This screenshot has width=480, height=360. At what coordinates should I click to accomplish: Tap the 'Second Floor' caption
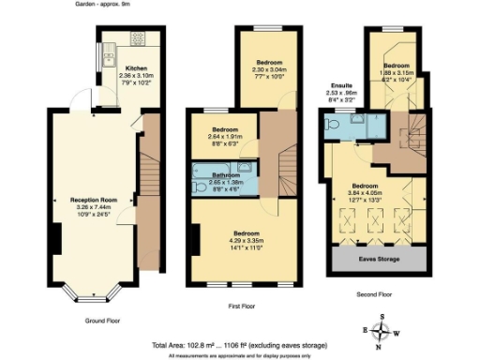(x=373, y=294)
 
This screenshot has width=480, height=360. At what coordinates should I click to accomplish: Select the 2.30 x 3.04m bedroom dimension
(x=268, y=69)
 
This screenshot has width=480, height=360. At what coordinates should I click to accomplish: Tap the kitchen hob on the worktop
(x=137, y=40)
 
